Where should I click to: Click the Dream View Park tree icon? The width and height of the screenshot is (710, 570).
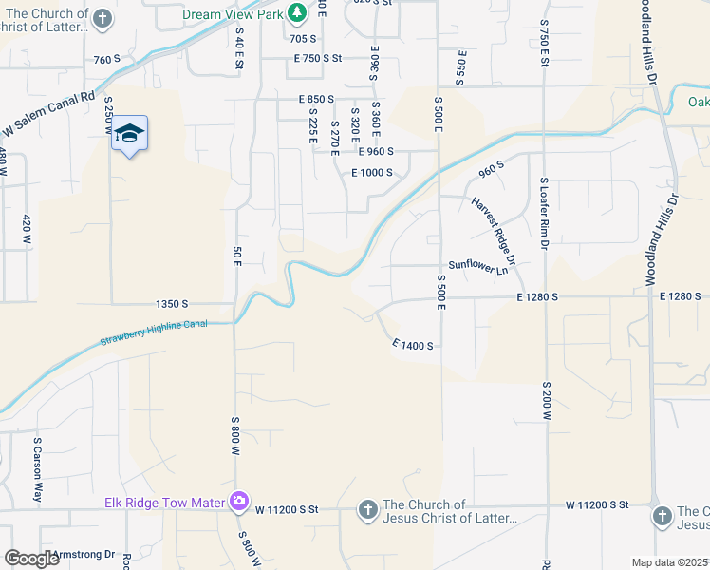point(298,12)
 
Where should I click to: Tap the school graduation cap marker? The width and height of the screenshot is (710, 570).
point(130,134)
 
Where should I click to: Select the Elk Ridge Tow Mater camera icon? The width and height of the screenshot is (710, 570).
point(239,501)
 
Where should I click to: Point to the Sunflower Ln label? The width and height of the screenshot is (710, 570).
point(478,268)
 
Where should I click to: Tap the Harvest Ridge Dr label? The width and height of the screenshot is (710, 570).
point(491,231)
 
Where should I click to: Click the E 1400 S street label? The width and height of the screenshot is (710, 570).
point(413,346)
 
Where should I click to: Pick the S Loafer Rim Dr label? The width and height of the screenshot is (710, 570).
point(546,213)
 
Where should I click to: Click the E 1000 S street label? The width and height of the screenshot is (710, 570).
point(372,173)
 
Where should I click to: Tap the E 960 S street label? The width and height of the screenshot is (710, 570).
point(376,150)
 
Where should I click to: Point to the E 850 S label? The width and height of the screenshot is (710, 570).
point(316,99)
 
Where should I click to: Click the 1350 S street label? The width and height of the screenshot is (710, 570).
point(172,304)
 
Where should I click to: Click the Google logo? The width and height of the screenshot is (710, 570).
point(31,559)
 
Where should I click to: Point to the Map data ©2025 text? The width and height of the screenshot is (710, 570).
point(670,562)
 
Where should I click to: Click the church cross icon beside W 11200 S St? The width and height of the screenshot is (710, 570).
point(368,511)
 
